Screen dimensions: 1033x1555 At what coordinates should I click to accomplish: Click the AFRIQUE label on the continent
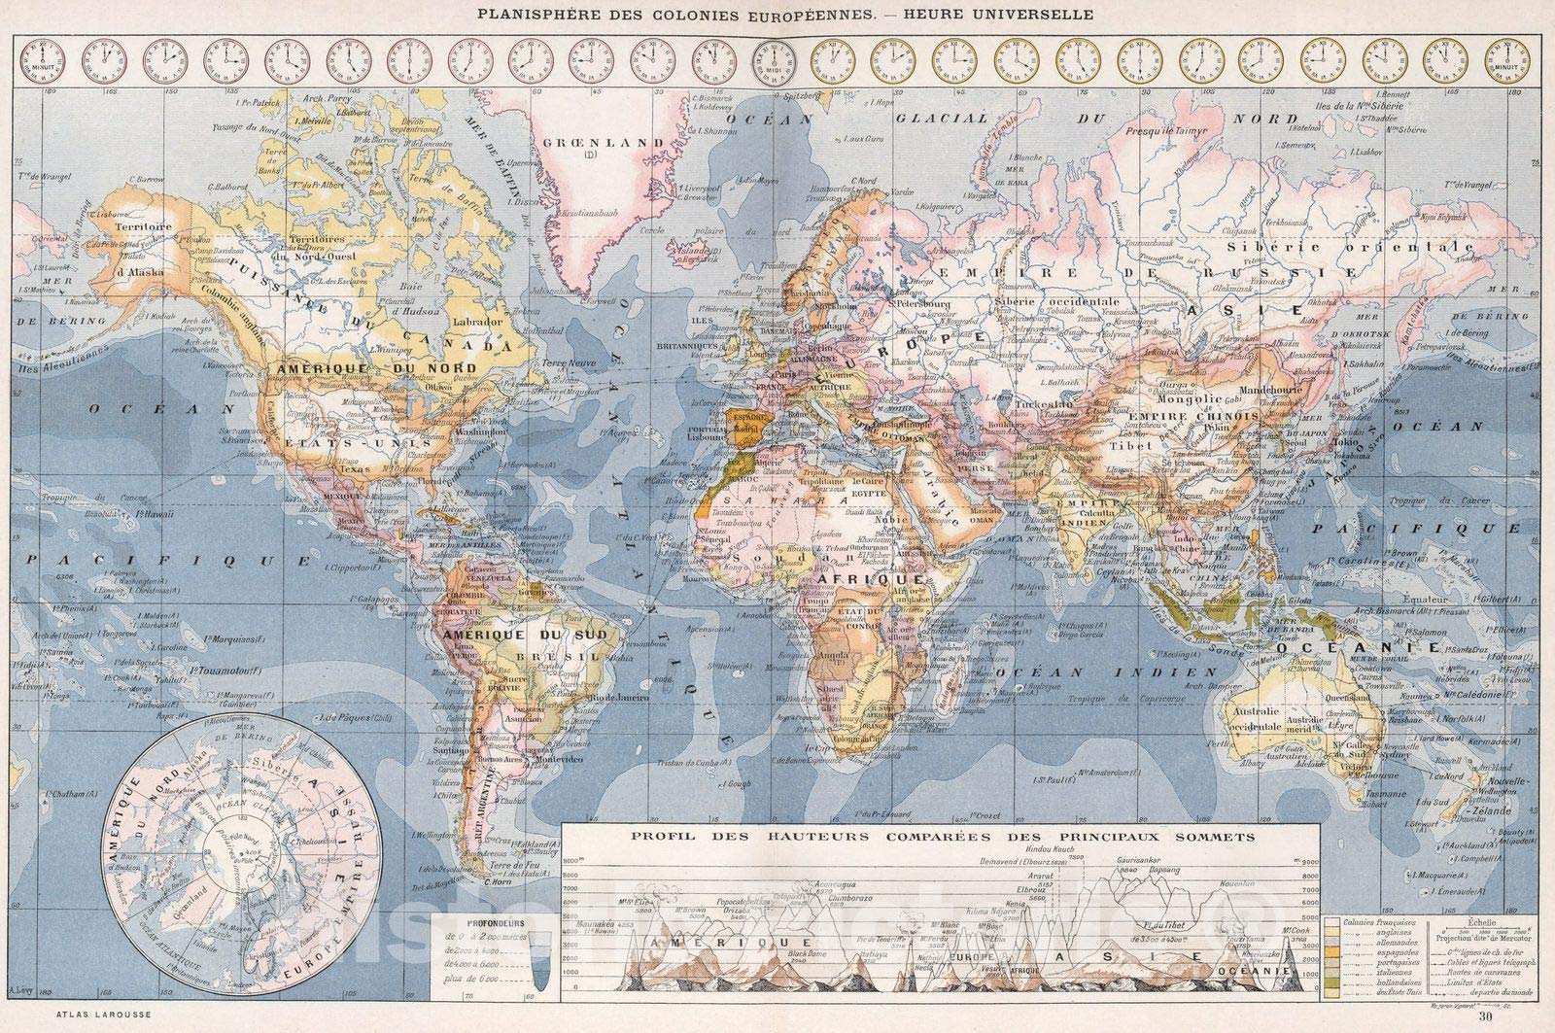click(881, 578)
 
